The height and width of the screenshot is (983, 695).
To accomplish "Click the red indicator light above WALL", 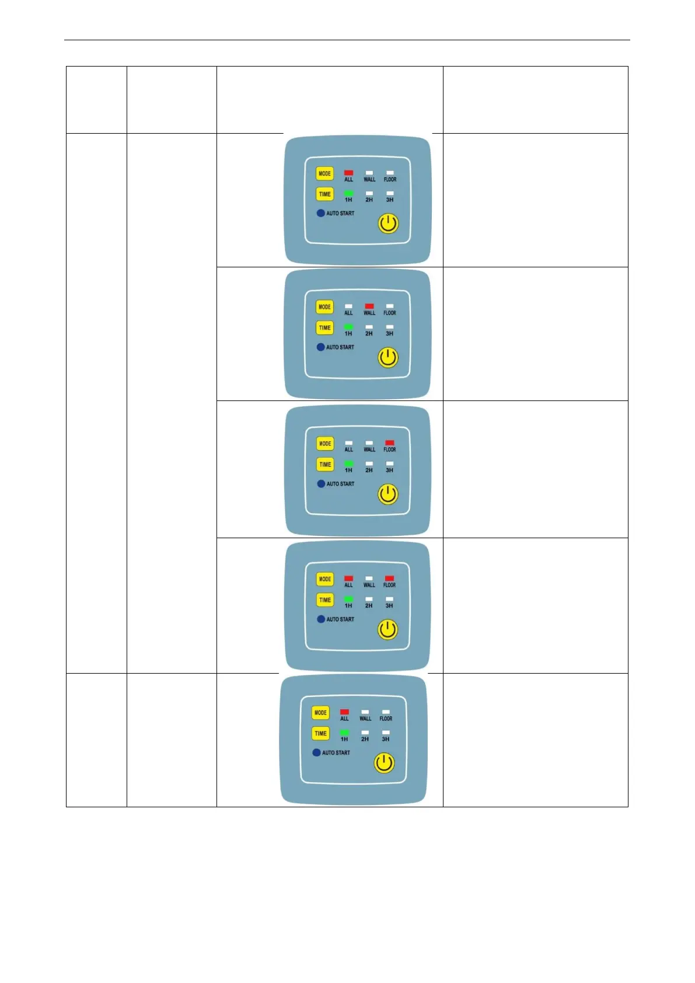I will [x=369, y=306].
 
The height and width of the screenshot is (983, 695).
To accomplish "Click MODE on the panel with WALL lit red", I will [x=324, y=307].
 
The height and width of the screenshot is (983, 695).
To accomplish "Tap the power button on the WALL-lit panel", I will [x=388, y=357].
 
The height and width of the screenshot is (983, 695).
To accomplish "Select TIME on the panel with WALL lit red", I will [x=324, y=327].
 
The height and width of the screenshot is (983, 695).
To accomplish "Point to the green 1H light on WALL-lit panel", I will [x=348, y=327].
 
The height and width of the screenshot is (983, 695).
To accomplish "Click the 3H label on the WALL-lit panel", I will [x=389, y=334].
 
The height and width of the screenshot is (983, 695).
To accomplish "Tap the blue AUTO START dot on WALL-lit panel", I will [x=320, y=347].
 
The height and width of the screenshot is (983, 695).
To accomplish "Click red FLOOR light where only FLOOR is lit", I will [x=390, y=443].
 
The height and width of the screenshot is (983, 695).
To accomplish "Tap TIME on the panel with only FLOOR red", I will [x=325, y=464].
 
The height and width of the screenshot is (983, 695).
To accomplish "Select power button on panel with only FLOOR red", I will [x=388, y=494].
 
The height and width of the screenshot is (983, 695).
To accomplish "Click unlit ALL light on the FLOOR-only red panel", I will [x=348, y=443].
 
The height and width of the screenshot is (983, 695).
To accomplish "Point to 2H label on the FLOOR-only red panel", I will [x=369, y=470].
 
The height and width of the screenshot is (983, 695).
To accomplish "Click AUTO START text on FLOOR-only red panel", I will [x=340, y=484].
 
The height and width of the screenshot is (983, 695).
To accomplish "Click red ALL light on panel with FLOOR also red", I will [x=348, y=578].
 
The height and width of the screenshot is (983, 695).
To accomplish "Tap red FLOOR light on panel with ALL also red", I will [x=389, y=578].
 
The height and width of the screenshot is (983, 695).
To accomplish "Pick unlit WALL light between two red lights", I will [x=369, y=578].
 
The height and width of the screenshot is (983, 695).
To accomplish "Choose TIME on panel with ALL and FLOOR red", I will [x=325, y=599].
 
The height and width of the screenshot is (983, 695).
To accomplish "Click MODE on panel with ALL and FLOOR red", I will [x=325, y=579].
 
